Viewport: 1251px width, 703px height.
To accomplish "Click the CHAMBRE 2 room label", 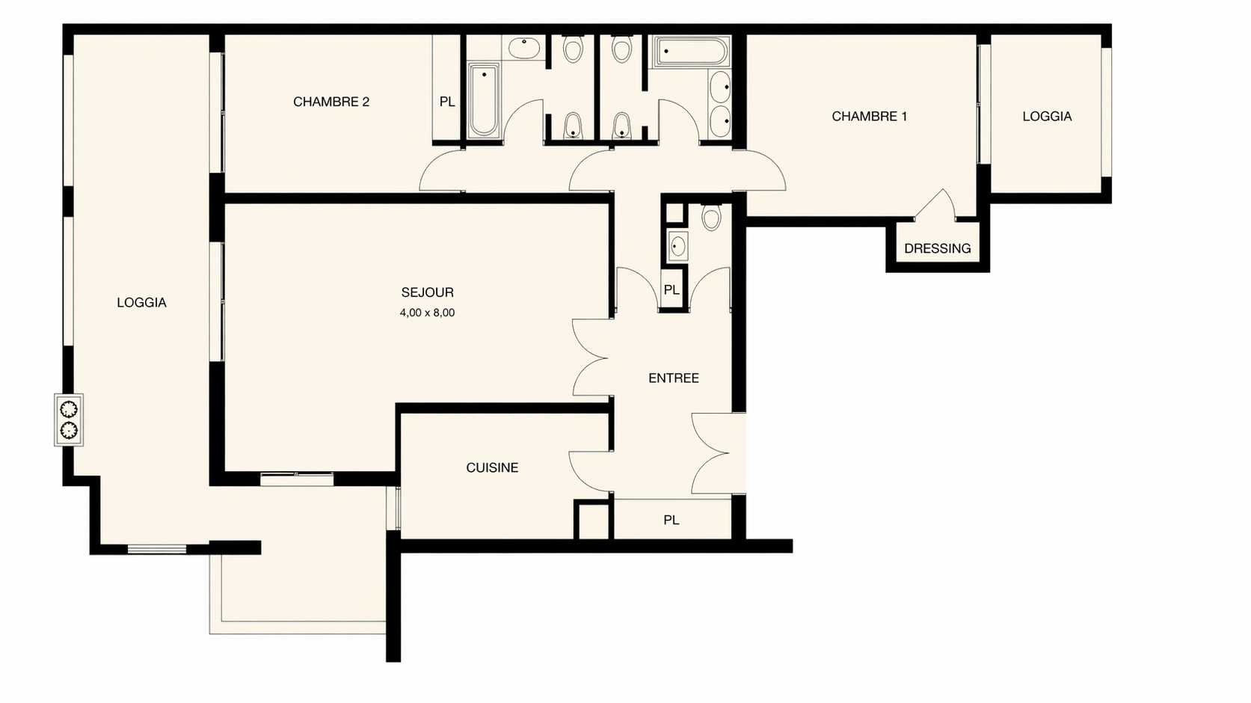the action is pyautogui.click(x=331, y=102).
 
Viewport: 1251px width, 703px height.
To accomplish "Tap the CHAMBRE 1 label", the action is pyautogui.click(x=870, y=116).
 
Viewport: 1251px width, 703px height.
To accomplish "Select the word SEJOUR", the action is pyautogui.click(x=427, y=292).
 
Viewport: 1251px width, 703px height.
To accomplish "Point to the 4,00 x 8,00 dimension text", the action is pyautogui.click(x=427, y=313).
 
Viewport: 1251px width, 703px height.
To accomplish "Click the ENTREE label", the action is pyautogui.click(x=674, y=378).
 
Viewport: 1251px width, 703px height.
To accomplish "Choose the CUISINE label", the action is pyautogui.click(x=492, y=467).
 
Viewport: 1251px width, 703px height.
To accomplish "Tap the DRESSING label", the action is pyautogui.click(x=938, y=248).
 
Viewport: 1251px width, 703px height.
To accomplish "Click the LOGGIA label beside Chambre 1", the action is pyautogui.click(x=1047, y=116).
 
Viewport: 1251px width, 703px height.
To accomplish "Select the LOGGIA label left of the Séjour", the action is pyautogui.click(x=141, y=302).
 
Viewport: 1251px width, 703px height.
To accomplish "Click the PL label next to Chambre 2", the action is pyautogui.click(x=447, y=102).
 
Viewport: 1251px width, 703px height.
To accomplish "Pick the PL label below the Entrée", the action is pyautogui.click(x=671, y=520).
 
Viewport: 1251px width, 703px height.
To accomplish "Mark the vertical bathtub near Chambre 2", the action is pyautogui.click(x=484, y=100).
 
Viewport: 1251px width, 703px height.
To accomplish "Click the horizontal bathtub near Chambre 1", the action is pyautogui.click(x=692, y=52).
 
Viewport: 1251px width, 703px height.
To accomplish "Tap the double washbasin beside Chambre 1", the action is pyautogui.click(x=720, y=104).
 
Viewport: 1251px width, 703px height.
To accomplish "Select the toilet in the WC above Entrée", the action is pyautogui.click(x=710, y=217).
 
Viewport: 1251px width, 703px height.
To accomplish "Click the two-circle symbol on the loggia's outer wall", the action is pyautogui.click(x=69, y=420).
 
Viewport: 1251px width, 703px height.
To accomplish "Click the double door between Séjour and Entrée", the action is pyautogui.click(x=591, y=357).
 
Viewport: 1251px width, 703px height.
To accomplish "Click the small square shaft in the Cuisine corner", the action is pyautogui.click(x=593, y=521).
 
